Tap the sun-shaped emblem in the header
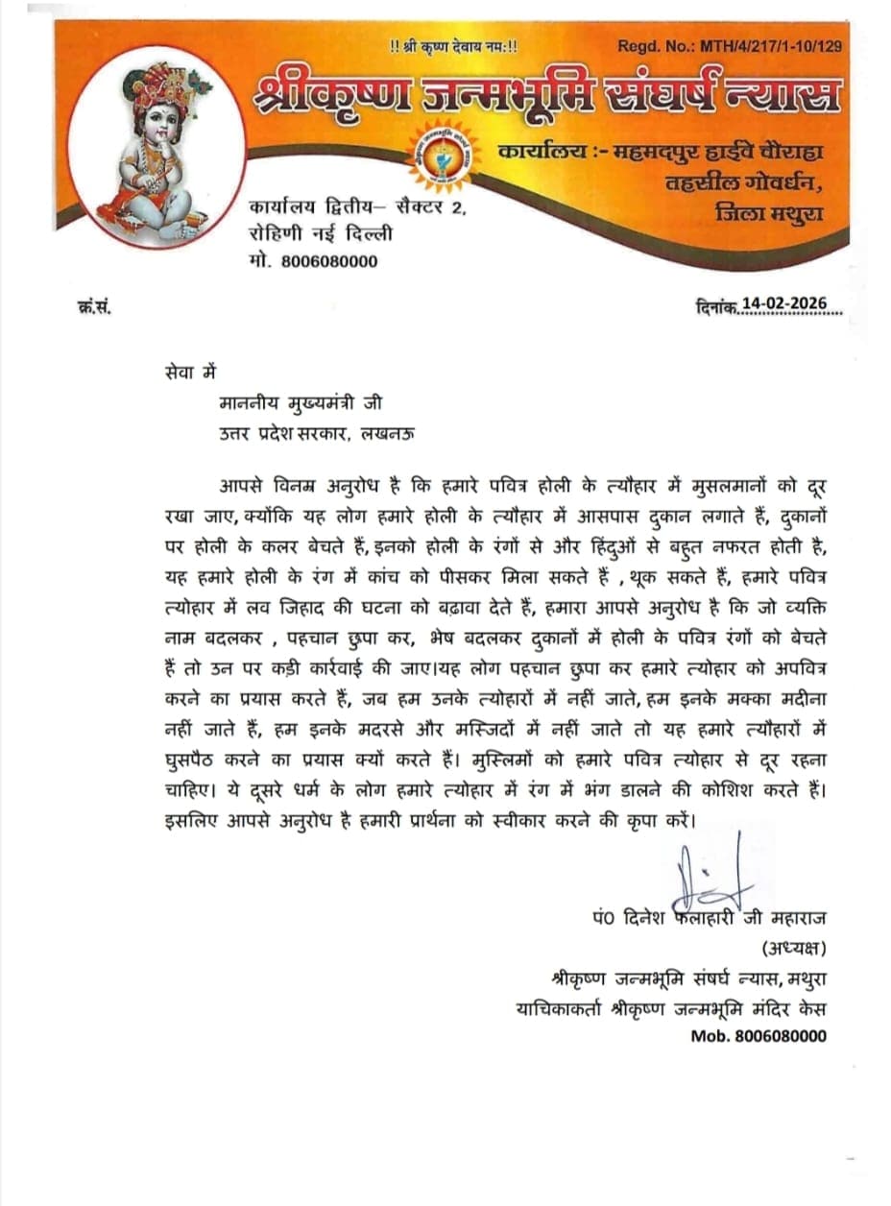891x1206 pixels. [x=441, y=154]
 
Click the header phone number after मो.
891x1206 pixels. [x=330, y=261]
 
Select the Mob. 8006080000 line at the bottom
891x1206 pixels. [x=759, y=1036]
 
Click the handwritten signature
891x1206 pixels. [x=706, y=869]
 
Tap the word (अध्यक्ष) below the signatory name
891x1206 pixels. [x=793, y=949]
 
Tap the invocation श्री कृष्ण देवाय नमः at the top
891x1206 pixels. [x=453, y=44]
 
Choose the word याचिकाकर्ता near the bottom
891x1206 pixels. [x=563, y=1009]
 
